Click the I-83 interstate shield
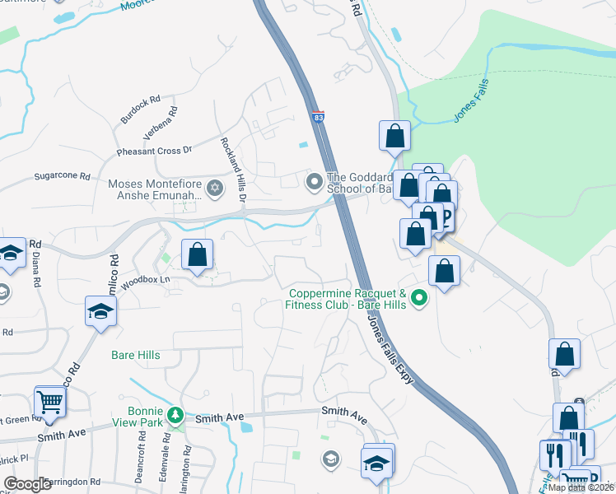[318, 117]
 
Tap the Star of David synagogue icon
[215, 189]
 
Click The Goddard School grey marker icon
[314, 181]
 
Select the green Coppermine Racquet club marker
[419, 298]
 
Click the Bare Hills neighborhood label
[135, 356]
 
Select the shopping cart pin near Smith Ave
[50, 403]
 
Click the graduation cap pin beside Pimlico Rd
[100, 312]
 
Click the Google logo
[28, 484]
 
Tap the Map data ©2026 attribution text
[581, 487]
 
